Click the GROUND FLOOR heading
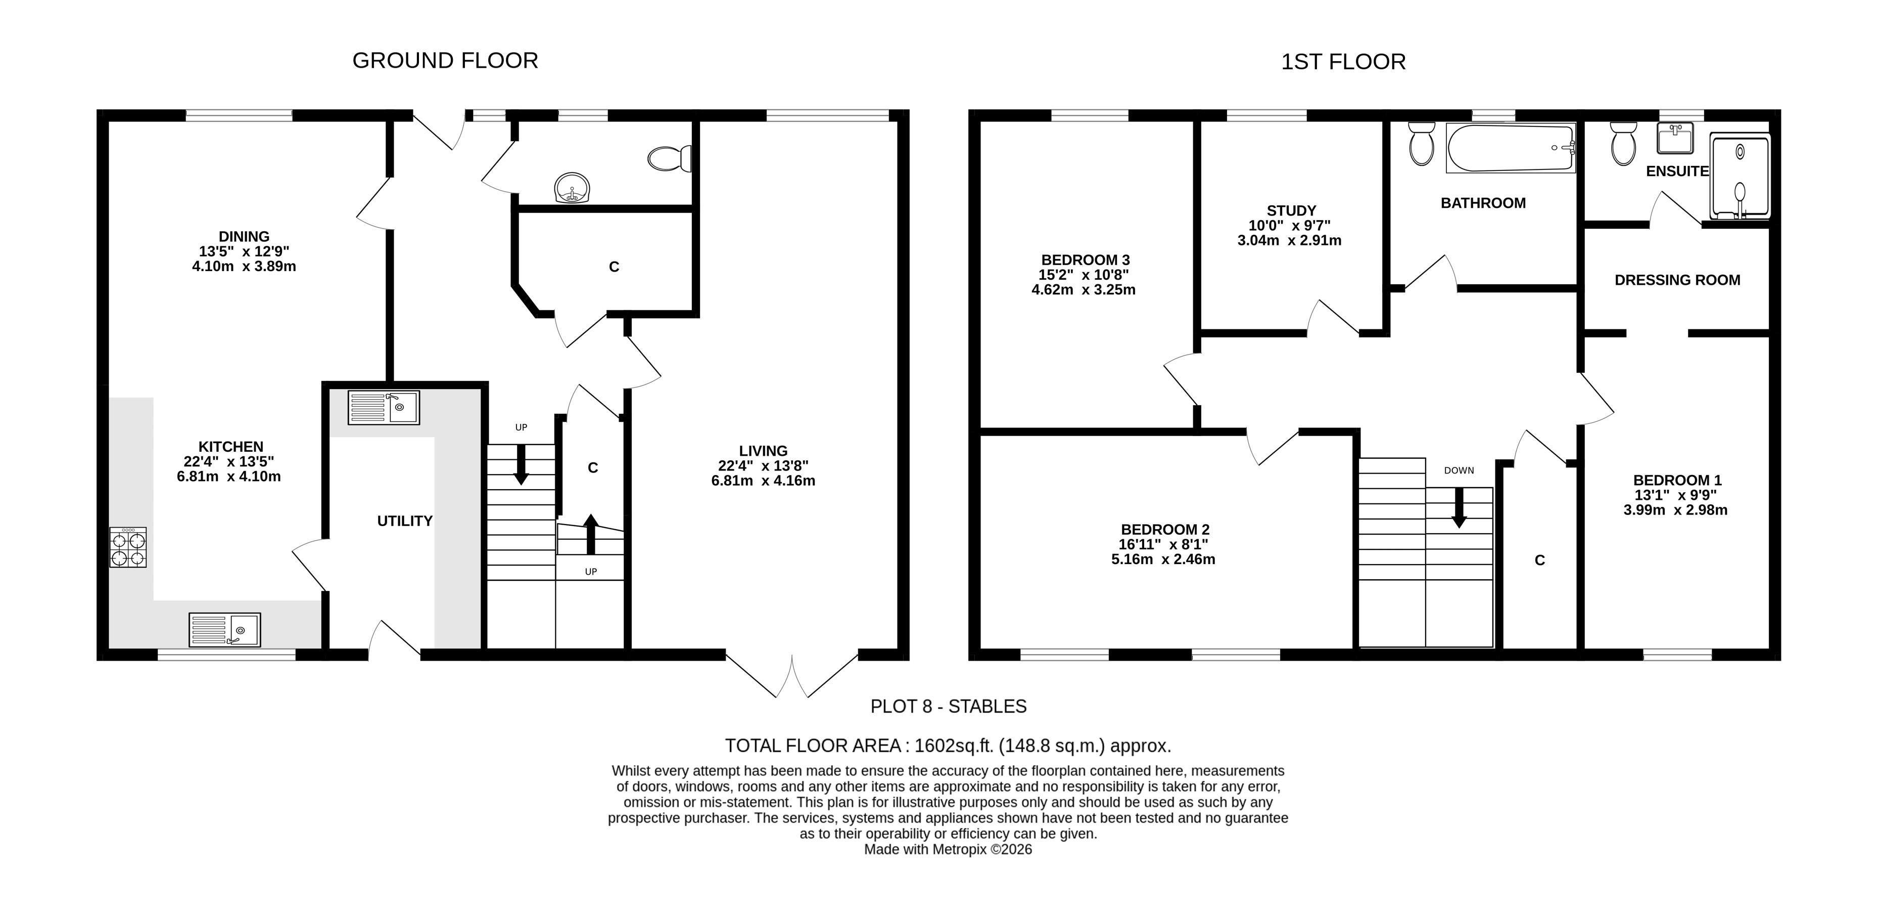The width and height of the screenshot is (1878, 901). [445, 61]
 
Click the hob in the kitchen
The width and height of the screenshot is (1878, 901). [128, 547]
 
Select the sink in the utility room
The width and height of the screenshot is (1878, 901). [384, 407]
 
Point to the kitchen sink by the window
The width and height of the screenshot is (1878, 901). [224, 630]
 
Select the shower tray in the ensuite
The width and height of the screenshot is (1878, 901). [1740, 176]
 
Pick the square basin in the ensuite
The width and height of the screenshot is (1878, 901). [1675, 138]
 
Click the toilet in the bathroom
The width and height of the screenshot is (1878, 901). [1422, 143]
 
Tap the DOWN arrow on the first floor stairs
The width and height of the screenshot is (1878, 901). [1459, 507]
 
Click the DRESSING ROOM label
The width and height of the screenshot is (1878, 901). [1677, 280]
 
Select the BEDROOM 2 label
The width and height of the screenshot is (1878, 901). [1165, 530]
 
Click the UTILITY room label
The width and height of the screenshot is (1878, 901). [405, 521]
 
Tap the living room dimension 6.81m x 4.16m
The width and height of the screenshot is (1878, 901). [763, 481]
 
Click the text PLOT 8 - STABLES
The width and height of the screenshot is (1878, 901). [949, 706]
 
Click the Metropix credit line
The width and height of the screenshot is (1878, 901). [948, 849]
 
